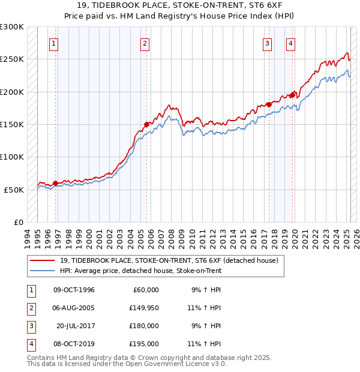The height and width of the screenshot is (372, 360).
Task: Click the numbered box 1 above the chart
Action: (54, 43)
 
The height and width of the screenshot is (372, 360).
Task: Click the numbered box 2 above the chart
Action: (145, 43)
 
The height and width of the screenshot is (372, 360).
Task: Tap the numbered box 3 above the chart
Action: (267, 43)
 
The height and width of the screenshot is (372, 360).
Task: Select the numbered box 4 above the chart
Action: (290, 43)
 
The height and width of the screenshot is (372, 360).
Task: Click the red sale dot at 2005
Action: (146, 125)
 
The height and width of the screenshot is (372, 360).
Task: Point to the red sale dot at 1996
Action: (56, 183)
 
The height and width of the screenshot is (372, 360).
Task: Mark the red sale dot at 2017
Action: (269, 105)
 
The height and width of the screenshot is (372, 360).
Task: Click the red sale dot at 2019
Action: (292, 95)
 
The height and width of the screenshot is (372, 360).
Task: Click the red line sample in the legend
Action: (41, 261)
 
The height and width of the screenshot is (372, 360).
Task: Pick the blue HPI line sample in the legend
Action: (41, 271)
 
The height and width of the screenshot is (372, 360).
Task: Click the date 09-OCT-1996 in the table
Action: (74, 290)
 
